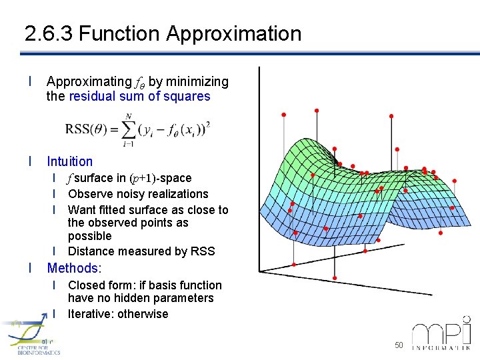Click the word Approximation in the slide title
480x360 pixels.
[234, 33]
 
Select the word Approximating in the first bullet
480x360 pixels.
[89, 82]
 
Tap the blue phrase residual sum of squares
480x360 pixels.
[139, 96]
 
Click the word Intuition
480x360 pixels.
[70, 161]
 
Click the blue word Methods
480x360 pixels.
[72, 268]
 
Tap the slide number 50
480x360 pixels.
[399, 345]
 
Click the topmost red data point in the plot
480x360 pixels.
[316, 110]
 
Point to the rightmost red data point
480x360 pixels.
[455, 180]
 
